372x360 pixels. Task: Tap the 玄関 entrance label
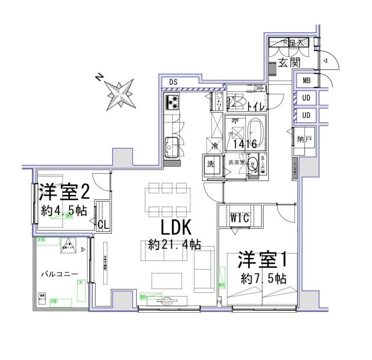[290, 62]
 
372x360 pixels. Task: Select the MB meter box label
[307, 81]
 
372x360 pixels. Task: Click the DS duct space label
[173, 81]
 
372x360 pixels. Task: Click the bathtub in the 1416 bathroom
[255, 131]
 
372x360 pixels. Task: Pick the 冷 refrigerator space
[214, 144]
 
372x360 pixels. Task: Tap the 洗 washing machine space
[211, 164]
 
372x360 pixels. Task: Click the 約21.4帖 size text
[174, 245]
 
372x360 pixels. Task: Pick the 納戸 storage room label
[304, 140]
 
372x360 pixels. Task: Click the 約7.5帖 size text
[263, 279]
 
